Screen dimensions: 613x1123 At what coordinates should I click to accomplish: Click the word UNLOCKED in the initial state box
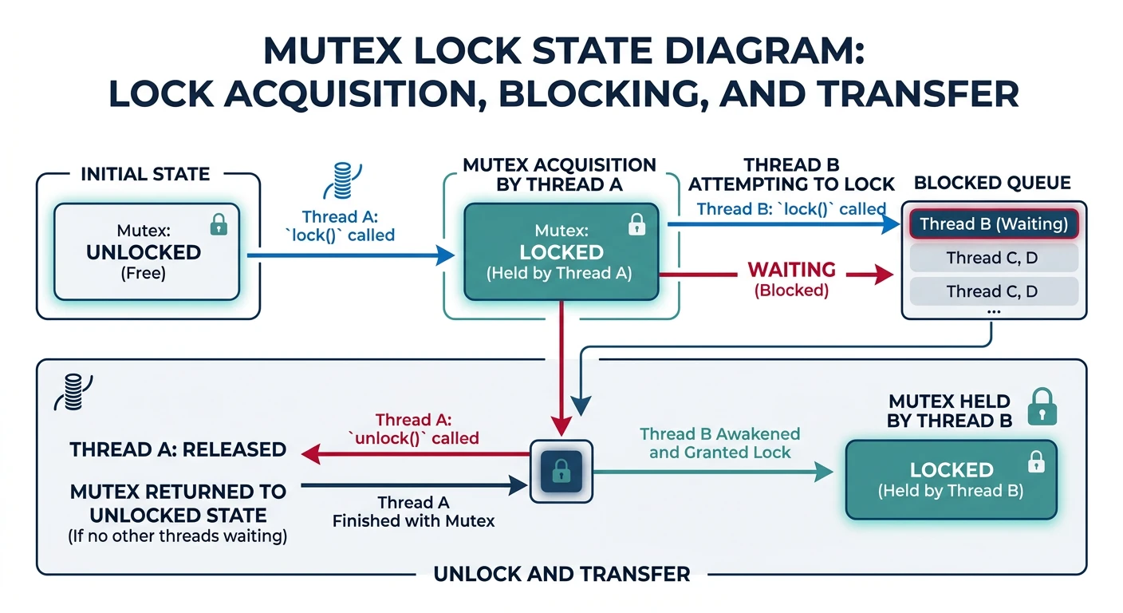[x=144, y=252]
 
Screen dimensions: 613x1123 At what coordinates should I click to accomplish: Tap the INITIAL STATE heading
[x=145, y=174]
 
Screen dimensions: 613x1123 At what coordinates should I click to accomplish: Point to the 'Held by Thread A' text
[x=559, y=274]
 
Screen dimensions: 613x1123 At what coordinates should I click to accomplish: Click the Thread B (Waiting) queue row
[x=993, y=223]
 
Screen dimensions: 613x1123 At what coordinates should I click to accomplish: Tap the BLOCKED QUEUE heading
[x=992, y=183]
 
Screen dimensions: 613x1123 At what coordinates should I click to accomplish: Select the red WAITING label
[x=791, y=270]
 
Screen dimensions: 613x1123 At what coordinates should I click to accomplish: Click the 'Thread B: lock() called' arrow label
[x=790, y=209]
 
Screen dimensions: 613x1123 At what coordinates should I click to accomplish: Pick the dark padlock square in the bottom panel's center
[x=561, y=471]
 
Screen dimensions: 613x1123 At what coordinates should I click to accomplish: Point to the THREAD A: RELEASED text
[x=178, y=449]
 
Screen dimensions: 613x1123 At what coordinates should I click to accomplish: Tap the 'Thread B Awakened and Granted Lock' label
[x=719, y=443]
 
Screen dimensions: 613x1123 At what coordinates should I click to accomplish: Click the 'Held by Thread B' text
[x=951, y=491]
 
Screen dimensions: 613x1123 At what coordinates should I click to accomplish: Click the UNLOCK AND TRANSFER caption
[x=561, y=574]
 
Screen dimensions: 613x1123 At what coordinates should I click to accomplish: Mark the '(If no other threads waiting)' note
[x=177, y=536]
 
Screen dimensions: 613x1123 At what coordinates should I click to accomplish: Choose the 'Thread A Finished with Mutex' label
[x=413, y=512]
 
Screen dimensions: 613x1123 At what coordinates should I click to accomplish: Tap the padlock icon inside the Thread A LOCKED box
[x=636, y=225]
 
